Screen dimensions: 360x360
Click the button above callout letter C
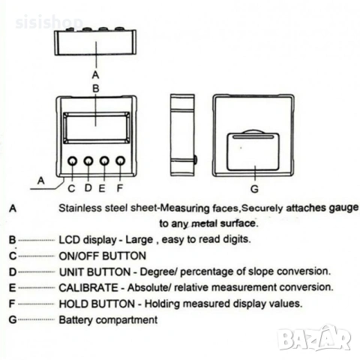[72, 161]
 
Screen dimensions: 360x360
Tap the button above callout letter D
[88, 161]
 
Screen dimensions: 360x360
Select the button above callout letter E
[104, 160]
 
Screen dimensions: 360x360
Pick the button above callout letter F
[121, 160]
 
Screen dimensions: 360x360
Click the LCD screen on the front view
[97, 128]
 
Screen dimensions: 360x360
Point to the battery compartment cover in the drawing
[253, 151]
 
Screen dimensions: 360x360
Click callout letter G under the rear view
[254, 189]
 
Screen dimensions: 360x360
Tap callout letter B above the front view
[96, 88]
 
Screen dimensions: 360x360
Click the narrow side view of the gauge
[182, 135]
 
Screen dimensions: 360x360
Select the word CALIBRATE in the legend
[88, 288]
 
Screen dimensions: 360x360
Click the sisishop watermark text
[49, 22]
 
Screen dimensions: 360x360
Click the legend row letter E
[12, 288]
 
